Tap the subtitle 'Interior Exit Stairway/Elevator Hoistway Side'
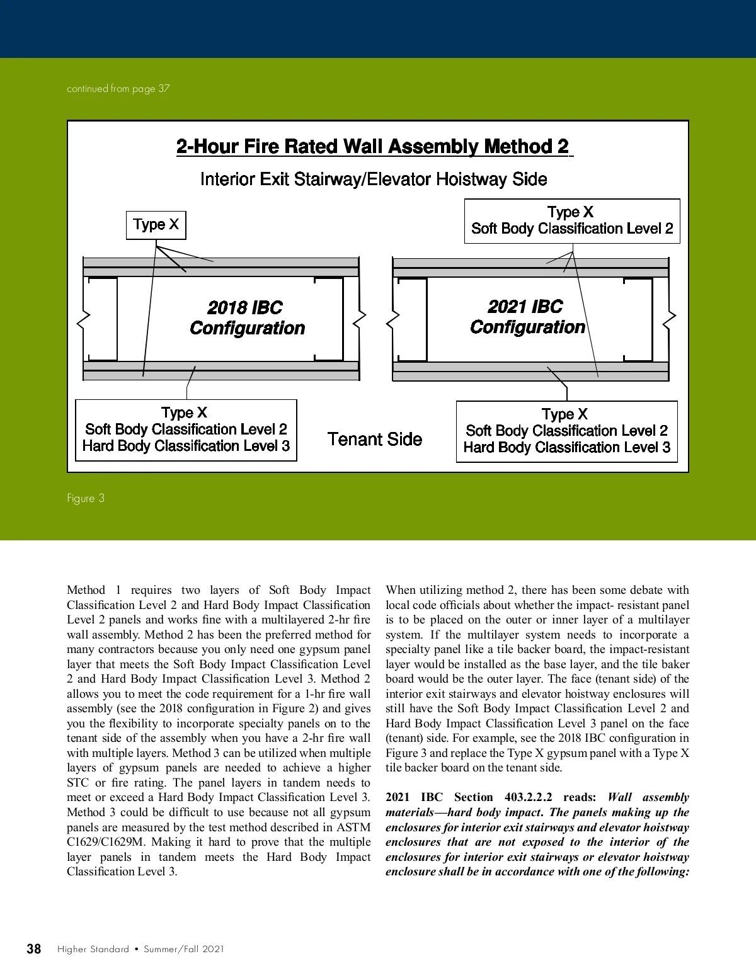[373, 179]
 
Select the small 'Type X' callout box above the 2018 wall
[156, 225]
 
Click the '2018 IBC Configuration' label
[247, 318]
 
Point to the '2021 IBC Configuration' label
[527, 317]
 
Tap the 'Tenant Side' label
[375, 439]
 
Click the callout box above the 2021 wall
[572, 221]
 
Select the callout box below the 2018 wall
[186, 430]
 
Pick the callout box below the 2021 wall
[566, 431]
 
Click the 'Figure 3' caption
[86, 498]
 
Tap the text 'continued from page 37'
[118, 89]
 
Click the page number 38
[34, 949]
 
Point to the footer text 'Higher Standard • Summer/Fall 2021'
[140, 949]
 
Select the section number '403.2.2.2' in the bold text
[528, 797]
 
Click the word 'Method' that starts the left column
[86, 590]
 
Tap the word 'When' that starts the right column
[401, 590]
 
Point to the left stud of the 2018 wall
[103, 319]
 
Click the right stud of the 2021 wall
[638, 319]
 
